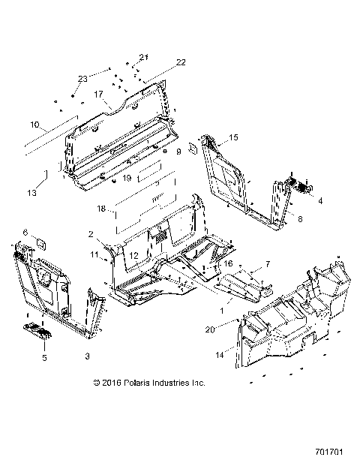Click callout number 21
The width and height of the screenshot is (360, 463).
(x=144, y=57)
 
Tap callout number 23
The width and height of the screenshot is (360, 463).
(x=82, y=78)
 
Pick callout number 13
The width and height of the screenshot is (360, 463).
(x=31, y=193)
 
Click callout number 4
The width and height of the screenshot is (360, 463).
(x=321, y=201)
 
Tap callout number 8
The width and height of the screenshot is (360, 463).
(x=300, y=219)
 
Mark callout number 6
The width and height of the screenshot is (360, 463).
(x=25, y=233)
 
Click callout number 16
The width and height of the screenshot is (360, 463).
(x=229, y=263)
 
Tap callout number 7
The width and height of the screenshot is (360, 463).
(x=267, y=265)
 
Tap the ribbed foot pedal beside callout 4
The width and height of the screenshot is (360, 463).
(x=299, y=186)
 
